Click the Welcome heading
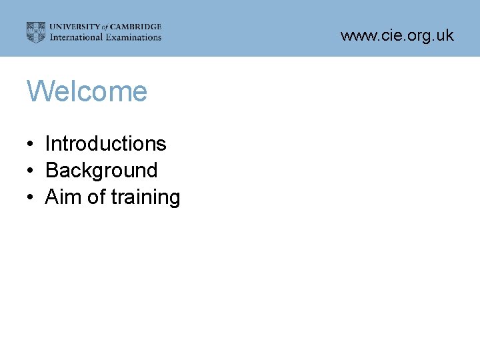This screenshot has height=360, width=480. tap(87, 91)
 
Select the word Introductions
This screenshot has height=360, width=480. tap(105, 143)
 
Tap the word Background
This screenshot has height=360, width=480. tap(101, 171)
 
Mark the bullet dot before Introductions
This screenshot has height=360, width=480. tap(31, 145)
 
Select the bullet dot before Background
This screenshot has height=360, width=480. tap(31, 171)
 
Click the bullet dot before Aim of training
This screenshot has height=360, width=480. tap(31, 198)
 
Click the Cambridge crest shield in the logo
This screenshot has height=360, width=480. tap(36, 32)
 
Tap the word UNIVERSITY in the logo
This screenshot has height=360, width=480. tap(74, 27)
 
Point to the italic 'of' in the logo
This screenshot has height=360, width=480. tap(104, 27)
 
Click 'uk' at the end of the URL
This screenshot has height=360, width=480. tap(446, 35)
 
